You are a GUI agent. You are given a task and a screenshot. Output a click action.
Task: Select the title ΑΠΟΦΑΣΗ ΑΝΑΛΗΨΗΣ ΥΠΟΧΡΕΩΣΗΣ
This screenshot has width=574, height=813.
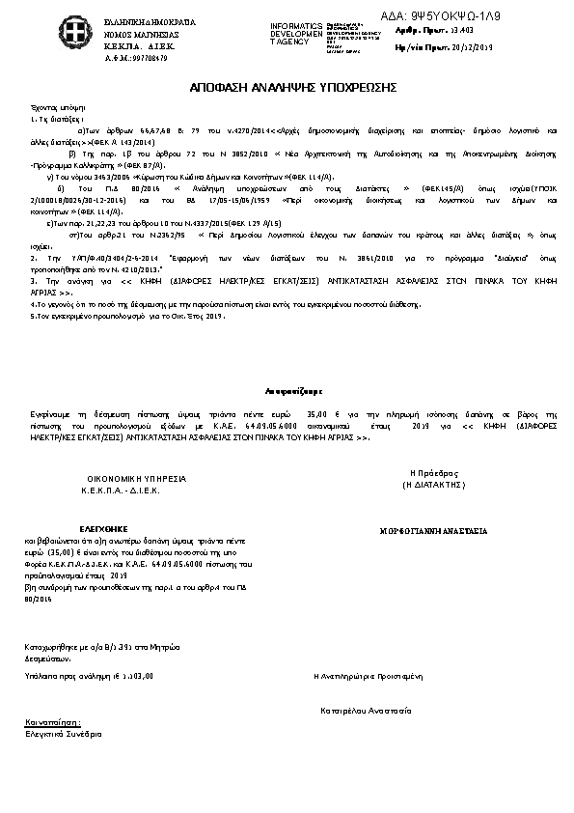[287, 88]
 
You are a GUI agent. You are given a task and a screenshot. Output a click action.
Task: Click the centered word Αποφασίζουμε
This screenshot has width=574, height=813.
[287, 392]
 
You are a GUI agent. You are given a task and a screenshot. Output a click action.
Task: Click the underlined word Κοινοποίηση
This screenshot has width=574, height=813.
[53, 721]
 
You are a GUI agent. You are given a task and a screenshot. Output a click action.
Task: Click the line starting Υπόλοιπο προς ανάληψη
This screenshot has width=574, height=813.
[90, 677]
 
